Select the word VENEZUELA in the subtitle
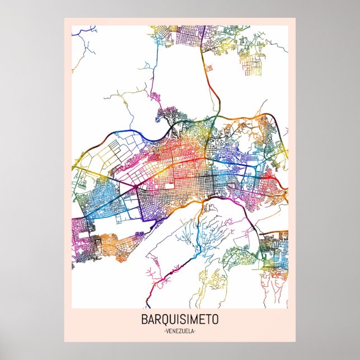[x=180, y=331]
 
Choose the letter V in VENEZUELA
[x=167, y=331]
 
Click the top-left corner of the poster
[x=64, y=18]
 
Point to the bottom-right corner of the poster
[x=295, y=342]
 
